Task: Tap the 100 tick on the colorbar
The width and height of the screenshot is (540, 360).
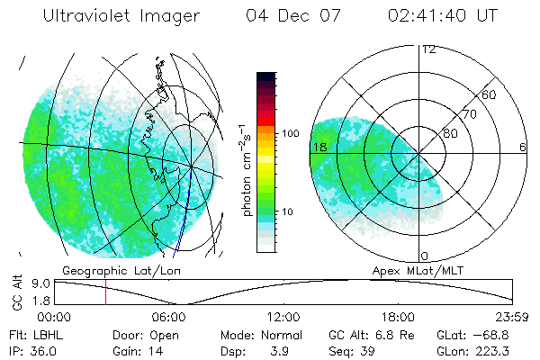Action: [291, 133]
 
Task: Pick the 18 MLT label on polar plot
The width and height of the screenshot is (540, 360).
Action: [318, 147]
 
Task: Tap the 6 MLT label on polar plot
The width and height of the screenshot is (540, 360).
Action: [523, 147]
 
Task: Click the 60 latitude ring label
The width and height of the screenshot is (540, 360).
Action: [490, 94]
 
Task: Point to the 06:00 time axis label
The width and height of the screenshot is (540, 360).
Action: [168, 316]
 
